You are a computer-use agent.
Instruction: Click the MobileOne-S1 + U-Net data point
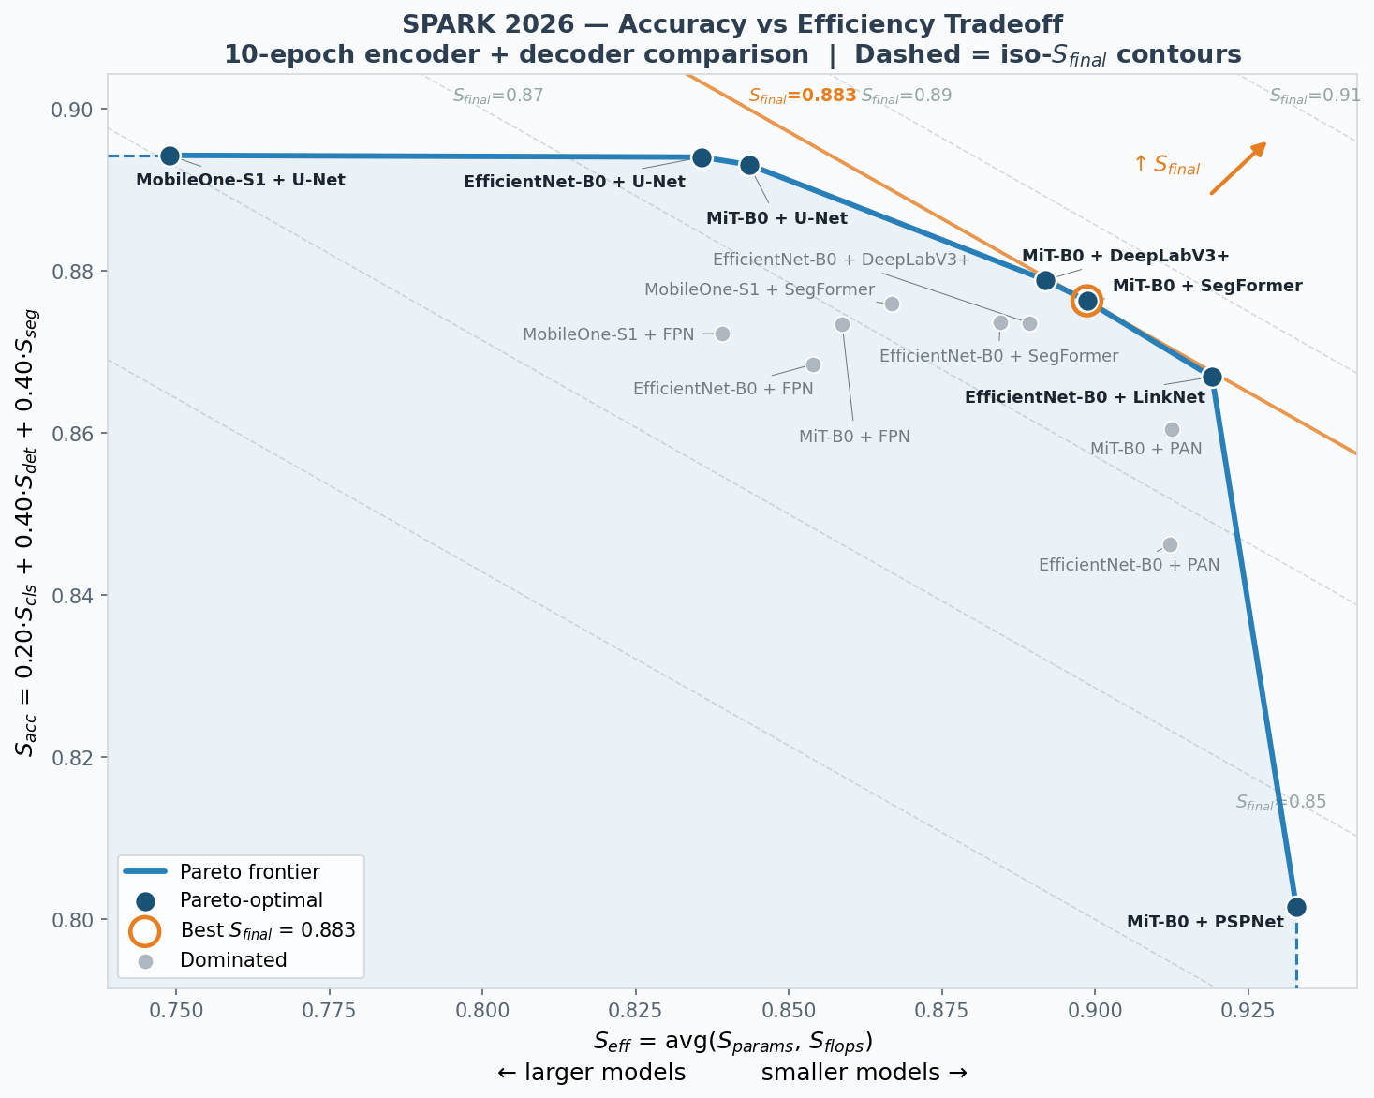coord(170,156)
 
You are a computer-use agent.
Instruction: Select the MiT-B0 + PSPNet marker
coord(1296,907)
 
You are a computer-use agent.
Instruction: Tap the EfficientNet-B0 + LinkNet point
coord(1212,377)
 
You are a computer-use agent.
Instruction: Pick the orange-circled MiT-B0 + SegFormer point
coord(1087,301)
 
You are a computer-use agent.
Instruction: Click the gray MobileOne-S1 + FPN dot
coord(722,334)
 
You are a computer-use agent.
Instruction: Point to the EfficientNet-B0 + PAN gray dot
coord(1170,544)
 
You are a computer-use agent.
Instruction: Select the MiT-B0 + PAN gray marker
coord(1172,429)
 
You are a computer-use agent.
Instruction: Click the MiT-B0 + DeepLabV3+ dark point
coord(1046,280)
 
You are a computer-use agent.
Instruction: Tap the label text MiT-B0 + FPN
coord(854,437)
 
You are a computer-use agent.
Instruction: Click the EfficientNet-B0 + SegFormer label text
coord(998,356)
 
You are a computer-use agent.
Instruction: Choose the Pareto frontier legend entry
coord(249,872)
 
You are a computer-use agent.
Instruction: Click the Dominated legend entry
coord(233,960)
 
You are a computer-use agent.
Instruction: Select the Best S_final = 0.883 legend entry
coord(267,930)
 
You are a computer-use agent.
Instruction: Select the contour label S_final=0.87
coord(497,96)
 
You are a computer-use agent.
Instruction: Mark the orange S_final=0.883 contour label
coord(803,96)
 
